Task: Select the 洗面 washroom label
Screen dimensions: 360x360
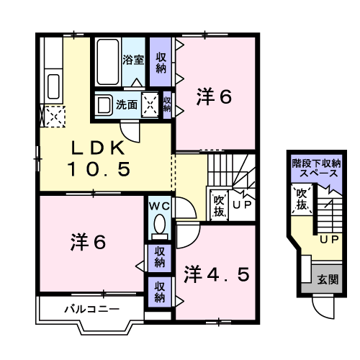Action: (128, 104)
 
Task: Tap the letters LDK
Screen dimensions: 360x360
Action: (99, 148)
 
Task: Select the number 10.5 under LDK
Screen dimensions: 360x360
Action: (99, 170)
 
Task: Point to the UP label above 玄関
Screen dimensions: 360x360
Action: (328, 238)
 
